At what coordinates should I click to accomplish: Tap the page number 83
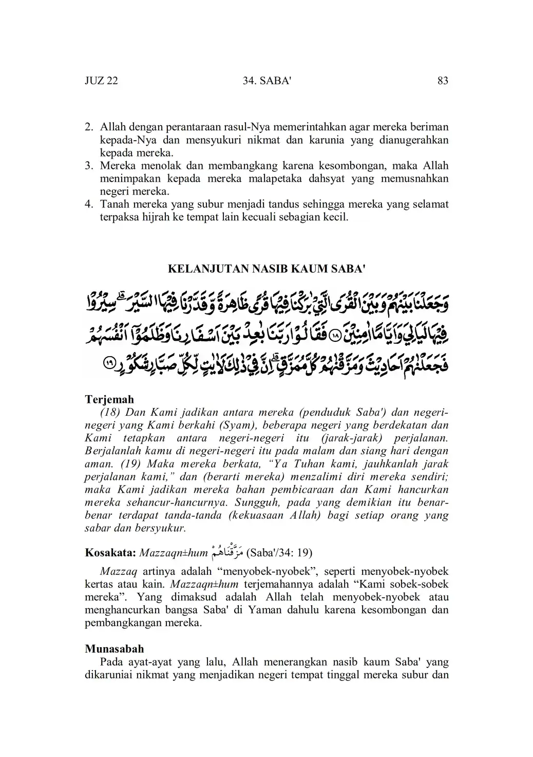pos(443,81)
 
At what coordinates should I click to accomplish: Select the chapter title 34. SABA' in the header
pos(266,81)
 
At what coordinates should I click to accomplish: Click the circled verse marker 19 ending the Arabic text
pos(110,363)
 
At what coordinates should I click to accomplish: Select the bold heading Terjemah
pos(109,399)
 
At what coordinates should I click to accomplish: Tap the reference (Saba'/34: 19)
pos(279,553)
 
